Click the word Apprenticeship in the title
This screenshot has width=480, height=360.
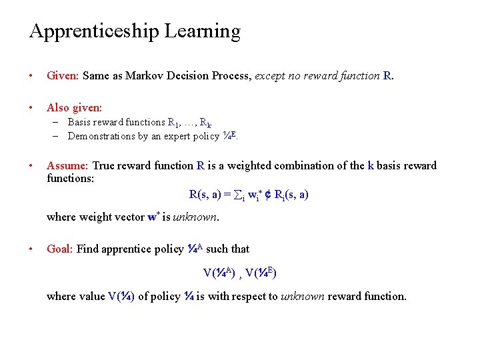pyautogui.click(x=93, y=32)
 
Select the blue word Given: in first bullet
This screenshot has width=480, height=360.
pyautogui.click(x=63, y=75)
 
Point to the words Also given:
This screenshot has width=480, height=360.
pyautogui.click(x=74, y=107)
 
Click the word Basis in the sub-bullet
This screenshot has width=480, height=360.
pyautogui.click(x=79, y=122)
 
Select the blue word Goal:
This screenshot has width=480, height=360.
pyautogui.click(x=60, y=249)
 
